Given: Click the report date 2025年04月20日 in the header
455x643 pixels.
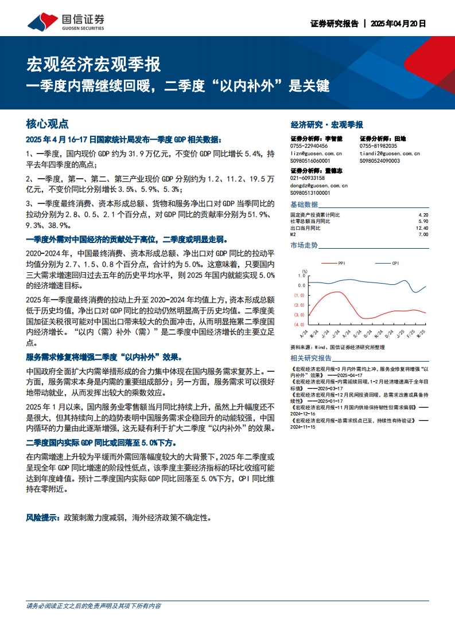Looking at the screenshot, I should (398, 24).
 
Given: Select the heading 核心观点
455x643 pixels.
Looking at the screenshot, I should (47, 124).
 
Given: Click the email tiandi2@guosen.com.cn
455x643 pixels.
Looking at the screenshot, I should (390, 154).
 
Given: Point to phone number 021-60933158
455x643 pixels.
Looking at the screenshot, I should (308, 178).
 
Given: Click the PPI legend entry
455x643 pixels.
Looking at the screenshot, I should (341, 263).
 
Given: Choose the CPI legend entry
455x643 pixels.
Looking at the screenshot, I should (395, 263).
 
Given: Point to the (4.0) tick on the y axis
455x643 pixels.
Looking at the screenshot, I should (299, 325).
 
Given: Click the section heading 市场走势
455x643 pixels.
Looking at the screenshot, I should (304, 245).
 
